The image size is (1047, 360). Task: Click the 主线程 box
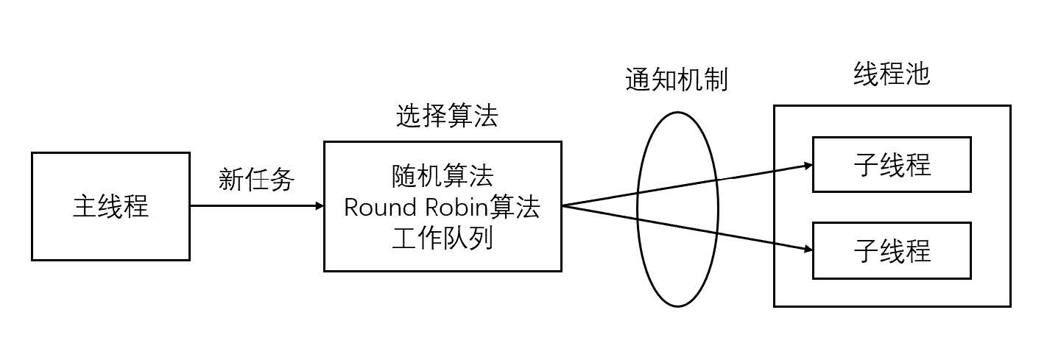pyautogui.click(x=110, y=206)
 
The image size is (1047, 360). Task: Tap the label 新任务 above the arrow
pyautogui.click(x=256, y=179)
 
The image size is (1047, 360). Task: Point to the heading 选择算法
pyautogui.click(x=447, y=116)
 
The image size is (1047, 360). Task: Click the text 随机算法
pyautogui.click(x=443, y=176)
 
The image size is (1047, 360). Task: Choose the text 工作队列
pyautogui.click(x=443, y=239)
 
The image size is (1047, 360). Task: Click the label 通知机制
pyautogui.click(x=676, y=79)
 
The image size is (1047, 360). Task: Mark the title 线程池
pyautogui.click(x=892, y=74)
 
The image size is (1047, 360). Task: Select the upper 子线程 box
pyautogui.click(x=892, y=164)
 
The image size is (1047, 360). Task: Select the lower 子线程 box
pyautogui.click(x=892, y=251)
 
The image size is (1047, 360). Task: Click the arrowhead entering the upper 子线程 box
pyautogui.click(x=808, y=166)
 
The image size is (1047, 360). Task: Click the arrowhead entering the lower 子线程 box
pyautogui.click(x=808, y=250)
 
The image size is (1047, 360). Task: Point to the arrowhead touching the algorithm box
pyautogui.click(x=320, y=205)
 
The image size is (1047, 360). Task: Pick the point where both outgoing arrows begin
pyautogui.click(x=563, y=205)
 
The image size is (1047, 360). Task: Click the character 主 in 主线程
pyautogui.click(x=85, y=206)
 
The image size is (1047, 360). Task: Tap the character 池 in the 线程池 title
pyautogui.click(x=917, y=74)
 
